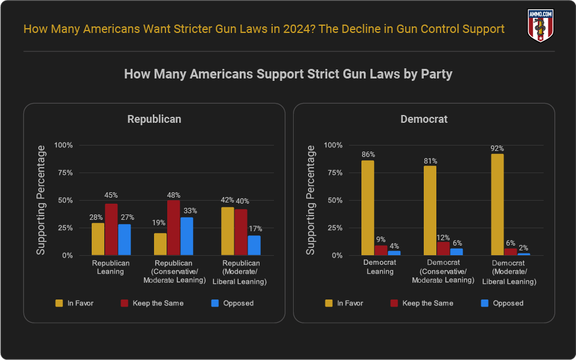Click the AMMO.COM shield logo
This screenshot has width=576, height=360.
point(540,26)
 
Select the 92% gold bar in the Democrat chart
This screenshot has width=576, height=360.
point(497,204)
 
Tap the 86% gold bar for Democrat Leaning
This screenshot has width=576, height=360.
point(367,207)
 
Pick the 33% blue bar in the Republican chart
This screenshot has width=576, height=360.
point(186,236)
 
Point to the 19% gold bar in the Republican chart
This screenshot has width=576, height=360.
point(160,244)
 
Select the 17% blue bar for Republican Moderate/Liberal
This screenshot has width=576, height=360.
point(254,245)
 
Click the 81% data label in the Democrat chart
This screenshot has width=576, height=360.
point(430,161)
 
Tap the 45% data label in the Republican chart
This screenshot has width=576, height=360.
point(111,195)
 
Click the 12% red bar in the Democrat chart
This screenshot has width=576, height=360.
point(443,249)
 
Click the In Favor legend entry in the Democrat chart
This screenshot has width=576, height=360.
point(343,303)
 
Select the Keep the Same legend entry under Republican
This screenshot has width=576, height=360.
point(152,303)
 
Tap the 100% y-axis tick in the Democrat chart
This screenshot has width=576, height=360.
point(333,145)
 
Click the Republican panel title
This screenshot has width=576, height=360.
point(154,119)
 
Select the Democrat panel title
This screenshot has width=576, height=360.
point(424,119)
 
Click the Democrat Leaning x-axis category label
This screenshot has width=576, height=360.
point(380,267)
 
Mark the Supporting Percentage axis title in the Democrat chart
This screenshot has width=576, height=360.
point(310,201)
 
